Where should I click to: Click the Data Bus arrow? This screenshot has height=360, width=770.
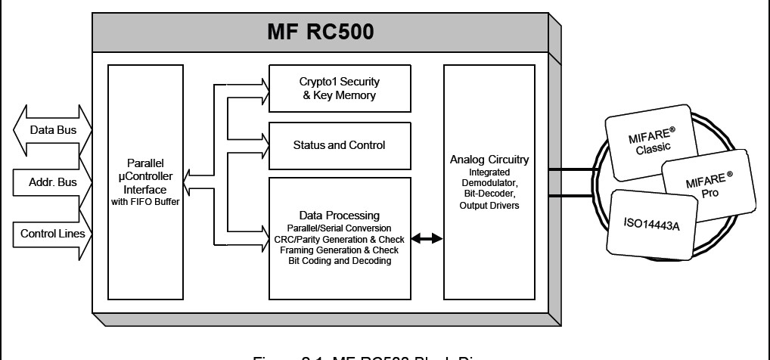coord(47,130)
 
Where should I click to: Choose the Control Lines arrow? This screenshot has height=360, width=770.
coord(47,233)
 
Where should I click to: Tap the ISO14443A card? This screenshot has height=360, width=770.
coord(651,224)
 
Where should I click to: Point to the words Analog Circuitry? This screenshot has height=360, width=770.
coord(489,160)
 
